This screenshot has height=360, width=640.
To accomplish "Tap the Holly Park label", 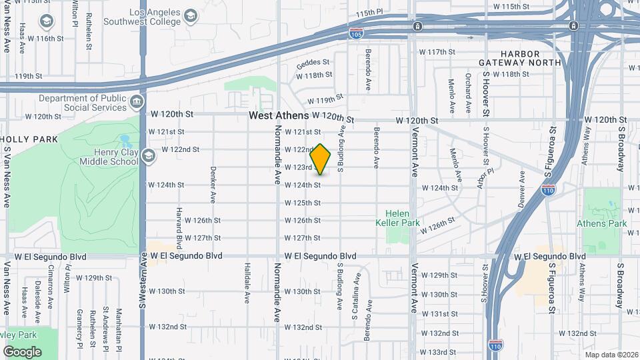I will coord(29,139).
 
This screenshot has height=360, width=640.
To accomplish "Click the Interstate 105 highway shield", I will coord(356,32).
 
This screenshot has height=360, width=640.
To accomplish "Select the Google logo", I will coord(22,351).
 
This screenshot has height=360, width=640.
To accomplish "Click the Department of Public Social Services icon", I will coord(137,103).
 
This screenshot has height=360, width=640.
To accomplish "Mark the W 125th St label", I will coord(303,203).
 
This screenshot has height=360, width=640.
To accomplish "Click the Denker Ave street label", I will coord(213,185).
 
